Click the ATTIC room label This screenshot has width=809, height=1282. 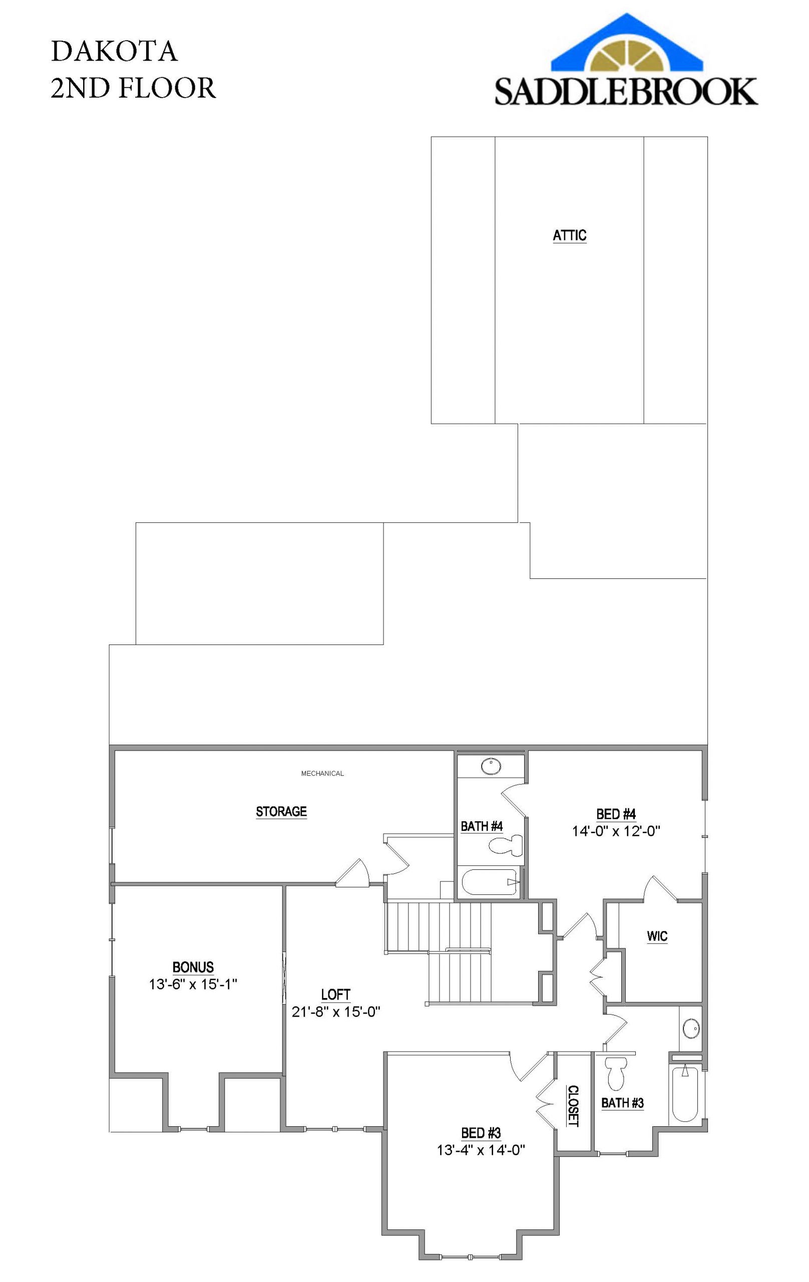tap(570, 235)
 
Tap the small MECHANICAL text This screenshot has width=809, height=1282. tap(322, 773)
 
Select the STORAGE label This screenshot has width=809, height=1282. tap(281, 811)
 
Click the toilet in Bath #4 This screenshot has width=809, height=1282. tap(505, 845)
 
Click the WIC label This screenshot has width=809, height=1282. tap(657, 936)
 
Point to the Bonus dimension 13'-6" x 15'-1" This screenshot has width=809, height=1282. tap(193, 984)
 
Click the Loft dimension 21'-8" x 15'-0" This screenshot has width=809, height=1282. tap(335, 1012)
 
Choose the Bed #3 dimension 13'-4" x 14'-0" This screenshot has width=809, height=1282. tap(481, 1150)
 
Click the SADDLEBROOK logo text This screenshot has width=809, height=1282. tap(626, 91)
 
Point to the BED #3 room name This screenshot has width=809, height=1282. tap(481, 1133)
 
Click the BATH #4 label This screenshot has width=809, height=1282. tap(481, 826)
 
